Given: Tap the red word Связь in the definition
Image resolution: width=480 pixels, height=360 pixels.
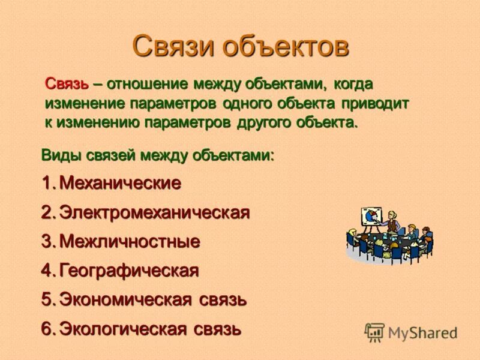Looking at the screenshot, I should point(67,84).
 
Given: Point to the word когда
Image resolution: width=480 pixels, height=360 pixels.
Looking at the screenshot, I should point(358,84).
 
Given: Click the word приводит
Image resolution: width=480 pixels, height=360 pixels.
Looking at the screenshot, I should point(376,103).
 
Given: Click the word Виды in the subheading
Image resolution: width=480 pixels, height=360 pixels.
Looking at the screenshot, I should point(60,155).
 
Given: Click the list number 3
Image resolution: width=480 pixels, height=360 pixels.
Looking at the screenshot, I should point(47,242).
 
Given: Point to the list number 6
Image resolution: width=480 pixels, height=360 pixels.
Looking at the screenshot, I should point(47,328).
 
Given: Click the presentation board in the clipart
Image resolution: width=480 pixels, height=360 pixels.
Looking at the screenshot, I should point(370,217).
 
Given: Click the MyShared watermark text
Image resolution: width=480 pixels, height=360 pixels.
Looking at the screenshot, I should point(422,332).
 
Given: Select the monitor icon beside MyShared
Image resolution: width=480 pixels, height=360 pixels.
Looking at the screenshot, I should point(375,332).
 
